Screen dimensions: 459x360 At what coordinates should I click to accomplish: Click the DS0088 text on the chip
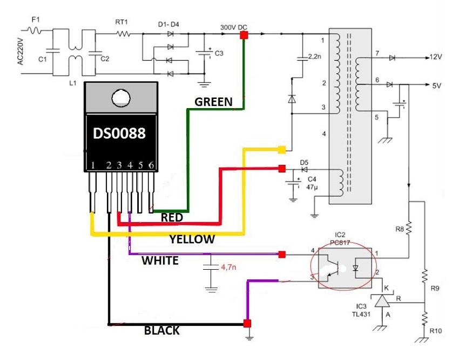[119, 134]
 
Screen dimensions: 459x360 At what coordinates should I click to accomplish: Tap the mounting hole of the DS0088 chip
[121, 98]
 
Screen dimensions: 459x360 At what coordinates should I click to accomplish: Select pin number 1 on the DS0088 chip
[93, 165]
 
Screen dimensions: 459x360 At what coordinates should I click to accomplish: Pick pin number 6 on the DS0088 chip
[151, 165]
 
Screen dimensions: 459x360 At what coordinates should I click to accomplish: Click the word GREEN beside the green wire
[213, 102]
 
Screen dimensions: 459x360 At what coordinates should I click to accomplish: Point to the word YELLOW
[192, 239]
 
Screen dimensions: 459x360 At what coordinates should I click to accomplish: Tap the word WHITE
[160, 261]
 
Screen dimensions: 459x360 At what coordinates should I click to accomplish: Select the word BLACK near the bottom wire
[162, 330]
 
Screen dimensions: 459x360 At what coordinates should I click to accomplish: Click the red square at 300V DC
[244, 35]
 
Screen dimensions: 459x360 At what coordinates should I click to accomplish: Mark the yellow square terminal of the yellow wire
[281, 150]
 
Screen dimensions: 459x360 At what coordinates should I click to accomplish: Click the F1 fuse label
[36, 19]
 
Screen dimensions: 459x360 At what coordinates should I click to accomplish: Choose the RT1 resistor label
[122, 22]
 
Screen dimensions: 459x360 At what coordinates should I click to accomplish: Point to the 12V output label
[436, 57]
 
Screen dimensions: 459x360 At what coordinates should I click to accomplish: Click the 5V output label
[436, 86]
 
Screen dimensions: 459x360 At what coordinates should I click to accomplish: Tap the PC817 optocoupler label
[340, 243]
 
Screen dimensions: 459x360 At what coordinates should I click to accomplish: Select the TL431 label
[361, 314]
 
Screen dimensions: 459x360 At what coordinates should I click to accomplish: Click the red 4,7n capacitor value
[228, 267]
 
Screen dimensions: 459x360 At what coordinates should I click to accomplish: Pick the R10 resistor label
[436, 331]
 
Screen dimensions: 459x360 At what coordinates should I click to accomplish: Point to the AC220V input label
[20, 51]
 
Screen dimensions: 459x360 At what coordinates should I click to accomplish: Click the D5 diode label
[304, 163]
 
